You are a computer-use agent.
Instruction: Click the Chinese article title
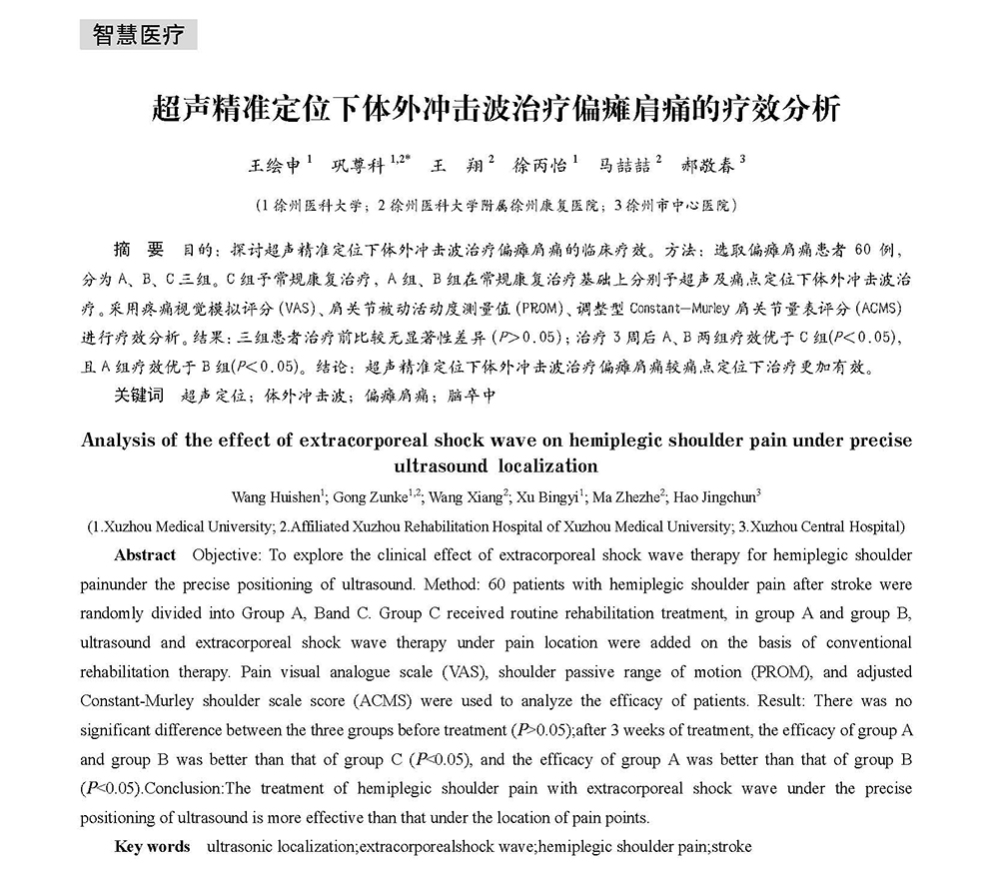(495, 109)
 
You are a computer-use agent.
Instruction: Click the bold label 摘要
(139, 247)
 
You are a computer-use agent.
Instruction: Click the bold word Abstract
(145, 554)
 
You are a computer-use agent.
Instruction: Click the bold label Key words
(152, 846)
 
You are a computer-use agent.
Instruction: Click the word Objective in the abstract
(225, 554)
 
